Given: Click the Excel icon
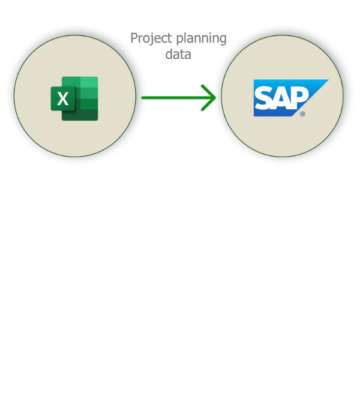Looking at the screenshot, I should (74, 98).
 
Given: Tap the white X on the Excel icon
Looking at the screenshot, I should (62, 99).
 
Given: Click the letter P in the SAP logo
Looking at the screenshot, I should (299, 97).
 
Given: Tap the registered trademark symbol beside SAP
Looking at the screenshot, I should (302, 113).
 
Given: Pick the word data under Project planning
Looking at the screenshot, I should (179, 55).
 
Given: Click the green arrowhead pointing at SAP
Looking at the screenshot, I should (210, 97).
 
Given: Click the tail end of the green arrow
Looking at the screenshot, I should (144, 97).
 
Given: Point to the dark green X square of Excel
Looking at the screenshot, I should (62, 99).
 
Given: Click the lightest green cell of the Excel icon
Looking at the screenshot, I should (88, 82).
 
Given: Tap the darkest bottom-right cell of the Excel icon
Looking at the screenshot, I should (88, 115).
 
